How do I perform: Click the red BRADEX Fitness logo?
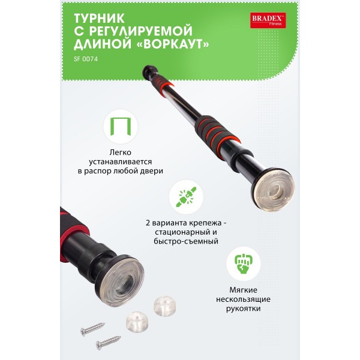[268, 20]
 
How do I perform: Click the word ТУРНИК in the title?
[100, 19]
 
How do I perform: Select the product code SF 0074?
[86, 59]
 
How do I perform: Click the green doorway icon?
[121, 127]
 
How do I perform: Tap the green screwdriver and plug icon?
[186, 197]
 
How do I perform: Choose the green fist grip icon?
[244, 263]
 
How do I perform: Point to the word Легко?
[121, 152]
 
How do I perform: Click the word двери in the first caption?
[152, 171]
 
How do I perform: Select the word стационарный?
[186, 232]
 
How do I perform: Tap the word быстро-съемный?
[186, 241]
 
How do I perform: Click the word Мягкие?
[244, 290]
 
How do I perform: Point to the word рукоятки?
[244, 308]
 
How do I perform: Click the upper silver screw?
[92, 329]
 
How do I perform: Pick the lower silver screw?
[109, 343]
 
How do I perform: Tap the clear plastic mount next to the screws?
[137, 322]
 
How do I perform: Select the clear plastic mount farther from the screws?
[165, 306]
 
